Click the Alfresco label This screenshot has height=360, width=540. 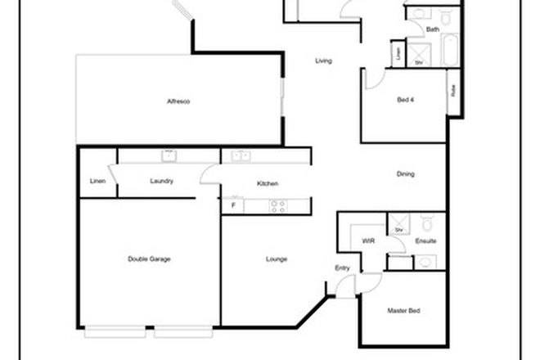178,101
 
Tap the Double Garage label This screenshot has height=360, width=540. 149,259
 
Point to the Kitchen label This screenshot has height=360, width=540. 268,183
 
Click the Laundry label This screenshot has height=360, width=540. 161,181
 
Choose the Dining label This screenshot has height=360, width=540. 405,174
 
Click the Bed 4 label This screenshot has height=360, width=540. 406,99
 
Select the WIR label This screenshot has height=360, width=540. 367,241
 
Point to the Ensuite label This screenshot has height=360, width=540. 425,241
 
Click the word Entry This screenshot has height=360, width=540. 342,268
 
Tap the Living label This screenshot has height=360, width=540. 323,61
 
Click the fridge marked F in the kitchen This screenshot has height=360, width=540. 232,205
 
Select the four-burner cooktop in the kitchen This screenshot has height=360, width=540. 278,205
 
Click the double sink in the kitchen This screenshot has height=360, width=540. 241,155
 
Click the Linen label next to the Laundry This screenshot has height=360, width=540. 97,181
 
